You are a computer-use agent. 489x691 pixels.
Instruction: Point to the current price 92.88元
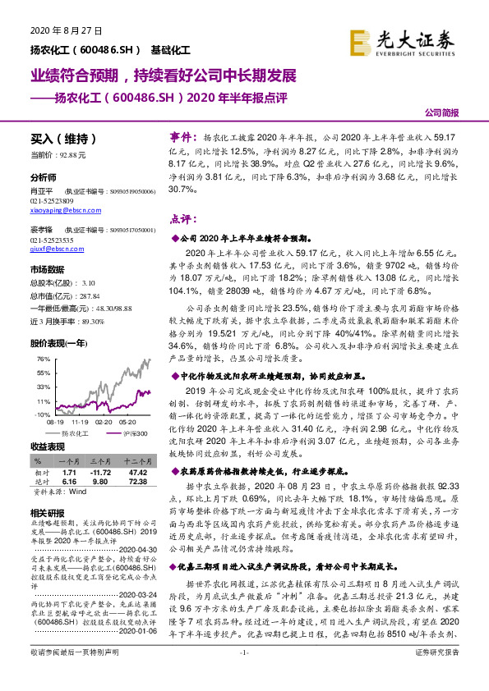click(69, 154)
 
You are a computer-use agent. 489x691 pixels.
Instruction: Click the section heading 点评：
click(184, 219)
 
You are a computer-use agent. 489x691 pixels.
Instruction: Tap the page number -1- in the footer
click(244, 675)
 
